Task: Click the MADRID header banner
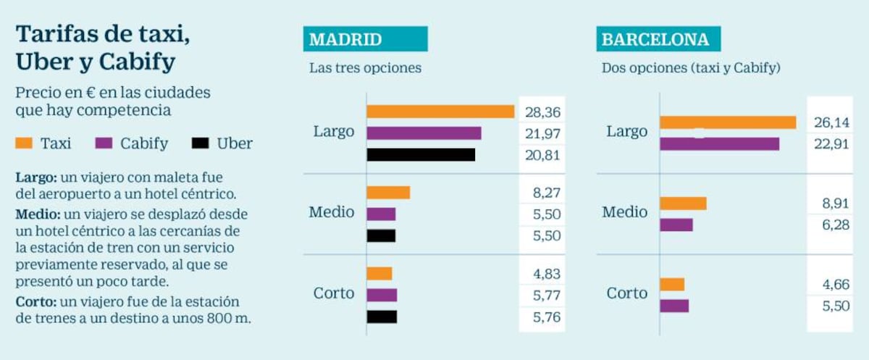[366, 39]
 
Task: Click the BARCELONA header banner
[658, 39]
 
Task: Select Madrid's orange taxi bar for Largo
[440, 112]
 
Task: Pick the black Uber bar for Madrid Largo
[421, 155]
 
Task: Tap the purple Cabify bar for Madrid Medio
[382, 214]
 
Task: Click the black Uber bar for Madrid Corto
[382, 317]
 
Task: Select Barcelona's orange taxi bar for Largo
[729, 122]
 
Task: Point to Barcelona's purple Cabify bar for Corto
[674, 306]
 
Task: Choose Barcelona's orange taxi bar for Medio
[683, 204]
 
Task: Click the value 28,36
[542, 112]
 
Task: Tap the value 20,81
[542, 155]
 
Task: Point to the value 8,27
[547, 193]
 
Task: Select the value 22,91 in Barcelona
[832, 144]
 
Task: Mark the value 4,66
[836, 285]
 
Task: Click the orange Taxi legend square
[24, 143]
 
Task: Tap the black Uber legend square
[200, 143]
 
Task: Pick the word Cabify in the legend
[144, 143]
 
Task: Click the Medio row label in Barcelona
[625, 212]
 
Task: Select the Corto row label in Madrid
[334, 293]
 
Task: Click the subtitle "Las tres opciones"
[366, 68]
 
